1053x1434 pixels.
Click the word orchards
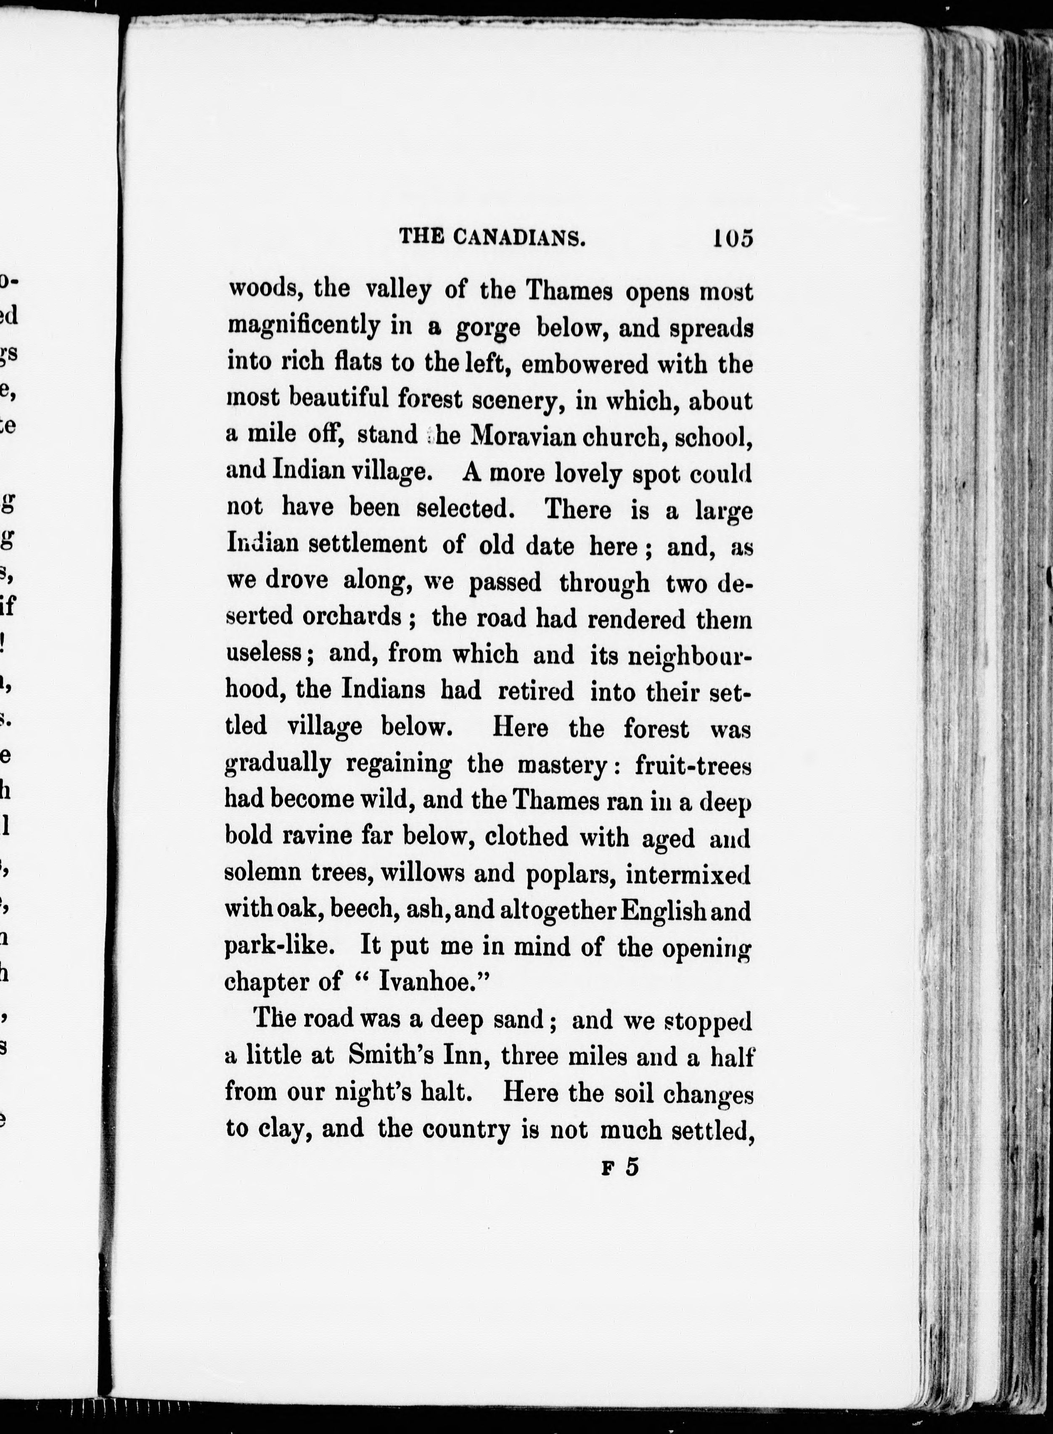(351, 616)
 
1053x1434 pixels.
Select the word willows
(423, 873)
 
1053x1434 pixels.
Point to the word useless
(264, 653)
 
